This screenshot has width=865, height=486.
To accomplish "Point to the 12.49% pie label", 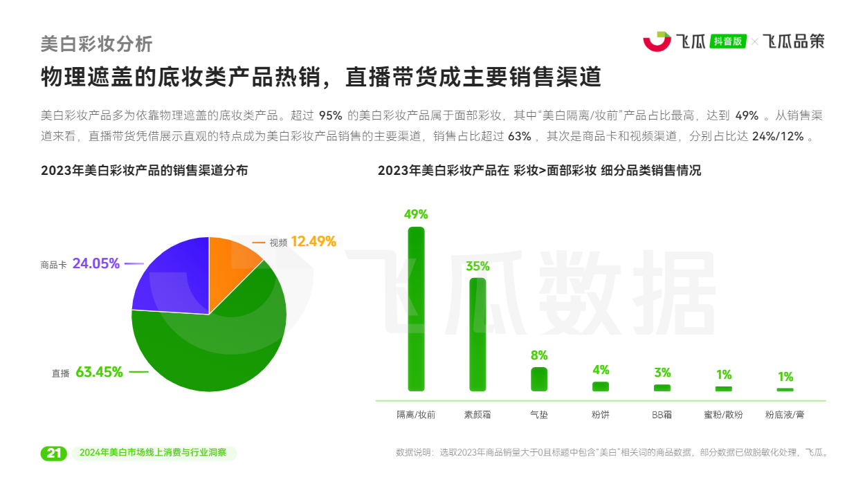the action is [313, 241].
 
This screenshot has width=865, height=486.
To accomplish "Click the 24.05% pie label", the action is [96, 263].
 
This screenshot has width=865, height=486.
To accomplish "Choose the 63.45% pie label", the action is [99, 372].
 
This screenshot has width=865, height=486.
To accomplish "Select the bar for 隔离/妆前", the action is [417, 309].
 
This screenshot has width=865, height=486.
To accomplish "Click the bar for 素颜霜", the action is [477, 335].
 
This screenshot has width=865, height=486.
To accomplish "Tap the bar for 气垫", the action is [539, 379].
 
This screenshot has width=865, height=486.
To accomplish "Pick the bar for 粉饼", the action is [601, 386].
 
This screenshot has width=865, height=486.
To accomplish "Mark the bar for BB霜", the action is [662, 388].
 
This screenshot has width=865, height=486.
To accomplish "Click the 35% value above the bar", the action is [477, 266].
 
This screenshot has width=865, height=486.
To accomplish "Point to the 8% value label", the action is [539, 355].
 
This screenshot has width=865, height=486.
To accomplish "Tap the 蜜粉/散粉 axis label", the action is [723, 415].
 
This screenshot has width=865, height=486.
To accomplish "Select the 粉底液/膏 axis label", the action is [785, 415].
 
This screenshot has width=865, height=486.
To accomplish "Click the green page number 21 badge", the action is [54, 454].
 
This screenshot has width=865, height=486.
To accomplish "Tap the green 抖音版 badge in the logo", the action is [727, 41].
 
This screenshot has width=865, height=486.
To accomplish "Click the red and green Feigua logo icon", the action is [657, 41].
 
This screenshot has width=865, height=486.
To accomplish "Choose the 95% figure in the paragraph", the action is [331, 115].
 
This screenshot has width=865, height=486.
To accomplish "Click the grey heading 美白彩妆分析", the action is [97, 44].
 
